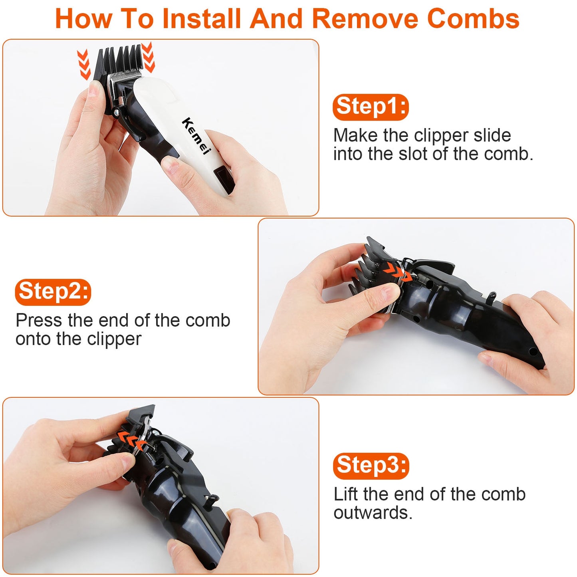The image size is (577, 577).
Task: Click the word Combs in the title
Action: coord(473,18)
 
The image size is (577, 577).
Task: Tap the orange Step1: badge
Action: coord(371,107)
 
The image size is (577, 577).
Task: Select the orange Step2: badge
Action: coord(53,292)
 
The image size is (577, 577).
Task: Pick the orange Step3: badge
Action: coord(371,466)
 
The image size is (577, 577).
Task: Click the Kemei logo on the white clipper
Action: coord(196,136)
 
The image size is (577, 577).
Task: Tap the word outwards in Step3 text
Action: coord(373,513)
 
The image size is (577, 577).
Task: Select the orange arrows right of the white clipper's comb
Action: coord(148,57)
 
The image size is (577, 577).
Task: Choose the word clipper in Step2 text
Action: coord(114,340)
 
